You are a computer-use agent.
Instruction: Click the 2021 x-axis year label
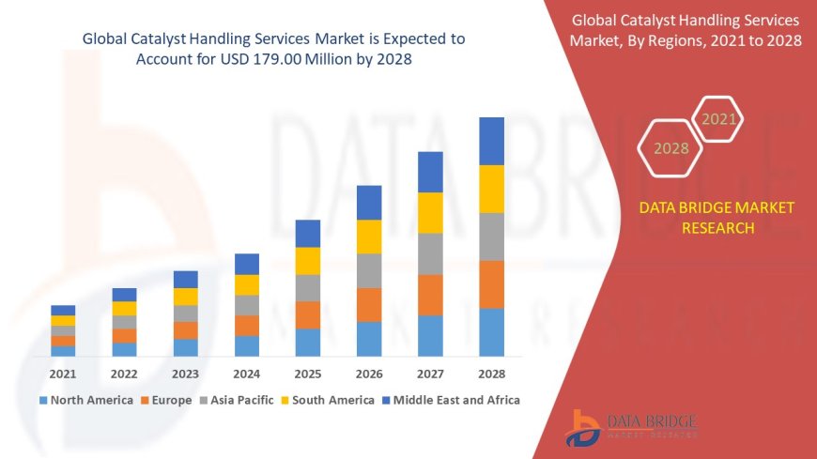point(63,373)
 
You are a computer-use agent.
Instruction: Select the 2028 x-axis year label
point(491,373)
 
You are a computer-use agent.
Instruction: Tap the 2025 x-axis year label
point(308,373)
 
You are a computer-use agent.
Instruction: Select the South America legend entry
point(330,400)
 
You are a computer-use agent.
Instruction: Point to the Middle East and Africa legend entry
point(452,400)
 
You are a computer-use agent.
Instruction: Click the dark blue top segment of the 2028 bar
point(491,141)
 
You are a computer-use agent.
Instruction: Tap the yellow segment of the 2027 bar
point(430,212)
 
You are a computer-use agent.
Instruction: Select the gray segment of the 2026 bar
point(369,270)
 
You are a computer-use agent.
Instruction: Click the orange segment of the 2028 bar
point(491,284)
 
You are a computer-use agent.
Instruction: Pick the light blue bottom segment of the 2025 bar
point(308,342)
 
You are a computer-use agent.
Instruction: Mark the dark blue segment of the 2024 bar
point(247,264)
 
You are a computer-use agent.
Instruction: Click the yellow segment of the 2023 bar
point(186,297)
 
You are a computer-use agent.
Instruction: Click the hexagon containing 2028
point(671,148)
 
